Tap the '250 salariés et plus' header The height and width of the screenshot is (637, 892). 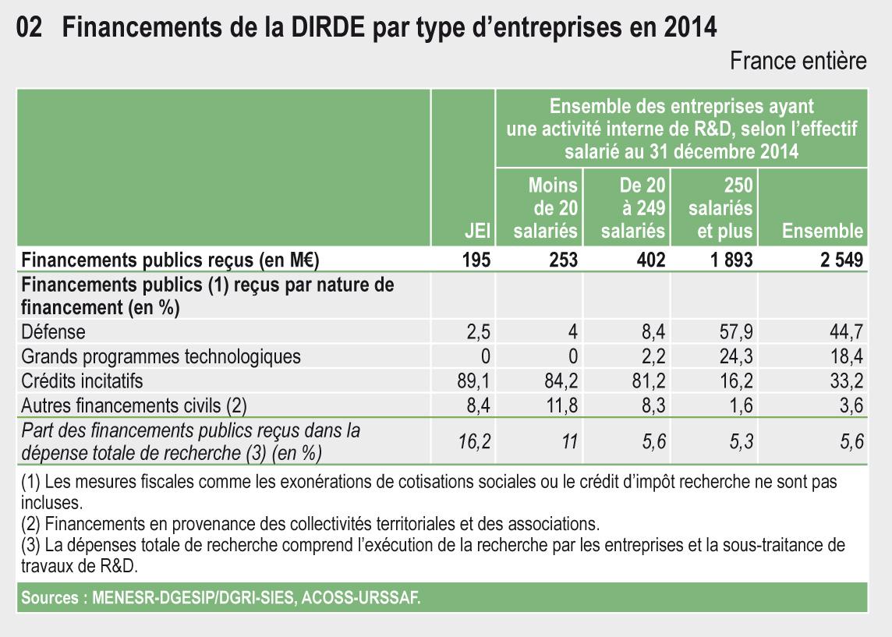[720, 208]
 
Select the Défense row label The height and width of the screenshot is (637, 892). [53, 333]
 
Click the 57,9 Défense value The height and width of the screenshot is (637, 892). [737, 333]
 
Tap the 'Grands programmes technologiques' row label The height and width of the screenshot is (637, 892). [161, 357]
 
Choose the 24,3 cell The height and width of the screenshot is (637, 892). [737, 357]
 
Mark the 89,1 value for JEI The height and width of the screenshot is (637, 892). [475, 381]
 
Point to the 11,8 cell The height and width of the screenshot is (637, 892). [561, 405]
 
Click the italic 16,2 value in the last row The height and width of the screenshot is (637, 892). [475, 442]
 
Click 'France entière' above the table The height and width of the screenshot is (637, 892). [798, 62]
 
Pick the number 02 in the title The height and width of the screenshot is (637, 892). [29, 28]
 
